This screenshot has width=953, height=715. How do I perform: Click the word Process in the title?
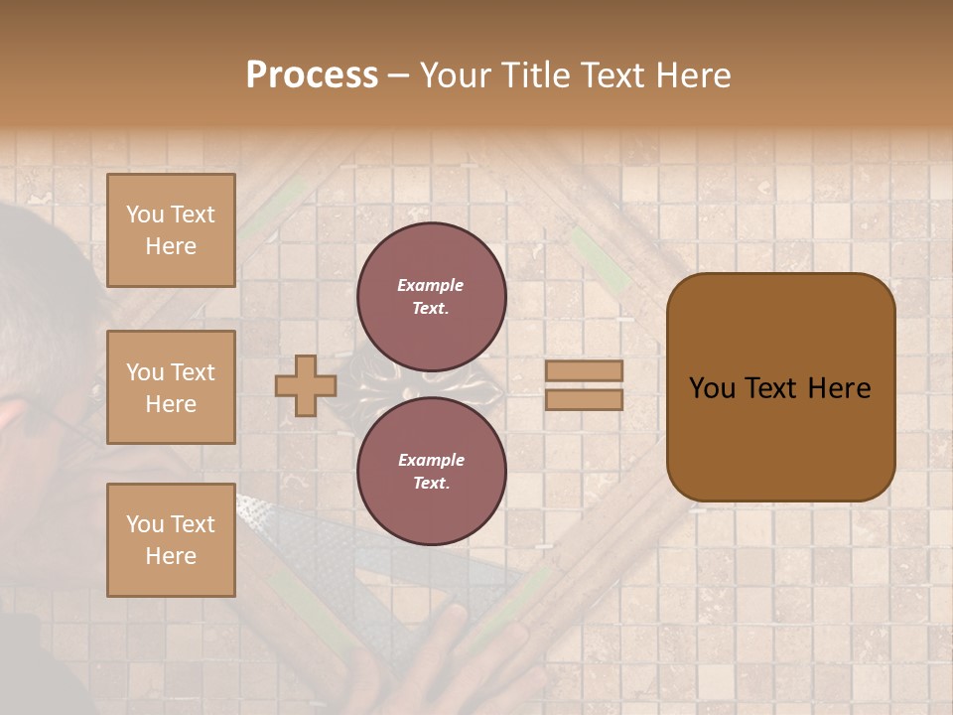(x=312, y=75)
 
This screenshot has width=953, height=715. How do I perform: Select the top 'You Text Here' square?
(x=171, y=230)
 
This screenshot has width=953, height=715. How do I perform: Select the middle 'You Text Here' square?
(x=171, y=387)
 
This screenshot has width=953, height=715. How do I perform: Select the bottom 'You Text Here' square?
(x=171, y=540)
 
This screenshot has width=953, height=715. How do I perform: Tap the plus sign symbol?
(x=306, y=385)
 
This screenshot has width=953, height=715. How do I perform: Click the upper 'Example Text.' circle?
(x=431, y=297)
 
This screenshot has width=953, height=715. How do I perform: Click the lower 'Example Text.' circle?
(x=431, y=472)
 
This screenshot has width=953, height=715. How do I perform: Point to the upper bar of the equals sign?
(x=584, y=371)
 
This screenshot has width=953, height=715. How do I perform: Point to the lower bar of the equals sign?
(x=584, y=400)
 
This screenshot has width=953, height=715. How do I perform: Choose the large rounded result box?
(x=780, y=387)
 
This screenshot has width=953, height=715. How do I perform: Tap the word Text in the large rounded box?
(x=777, y=388)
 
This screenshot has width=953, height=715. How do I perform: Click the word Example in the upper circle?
(x=431, y=286)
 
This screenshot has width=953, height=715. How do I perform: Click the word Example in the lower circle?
(x=431, y=461)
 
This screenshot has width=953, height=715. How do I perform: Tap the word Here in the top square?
(x=171, y=246)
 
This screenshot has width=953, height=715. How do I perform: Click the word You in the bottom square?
(x=145, y=524)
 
